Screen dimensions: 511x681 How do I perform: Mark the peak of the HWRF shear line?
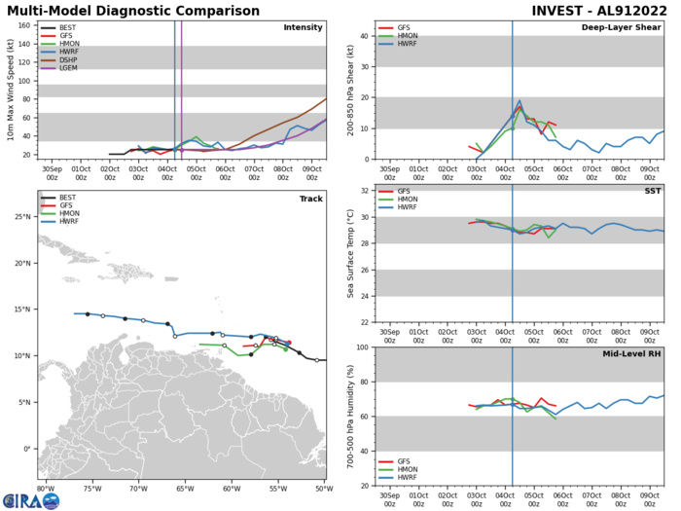520,100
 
